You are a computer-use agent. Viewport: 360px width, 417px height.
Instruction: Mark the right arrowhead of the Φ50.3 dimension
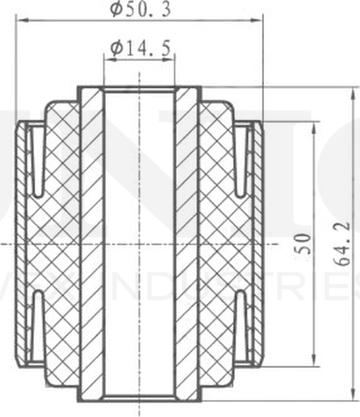coord(258,21)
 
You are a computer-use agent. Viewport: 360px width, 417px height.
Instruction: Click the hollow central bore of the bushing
coord(140,243)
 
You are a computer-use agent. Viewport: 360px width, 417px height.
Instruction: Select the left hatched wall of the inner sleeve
coord(91,243)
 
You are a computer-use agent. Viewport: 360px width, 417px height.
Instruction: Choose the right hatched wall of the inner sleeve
coord(188,243)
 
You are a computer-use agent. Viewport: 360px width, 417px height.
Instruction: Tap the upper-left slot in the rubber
coord(37,161)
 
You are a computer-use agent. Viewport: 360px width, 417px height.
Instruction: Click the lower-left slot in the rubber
coord(37,326)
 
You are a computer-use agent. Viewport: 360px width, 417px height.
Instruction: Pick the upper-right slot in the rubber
coord(242,161)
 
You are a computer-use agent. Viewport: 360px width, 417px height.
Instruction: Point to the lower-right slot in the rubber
coord(242,326)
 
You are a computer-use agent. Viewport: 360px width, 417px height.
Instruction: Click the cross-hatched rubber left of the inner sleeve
coord(59,243)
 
